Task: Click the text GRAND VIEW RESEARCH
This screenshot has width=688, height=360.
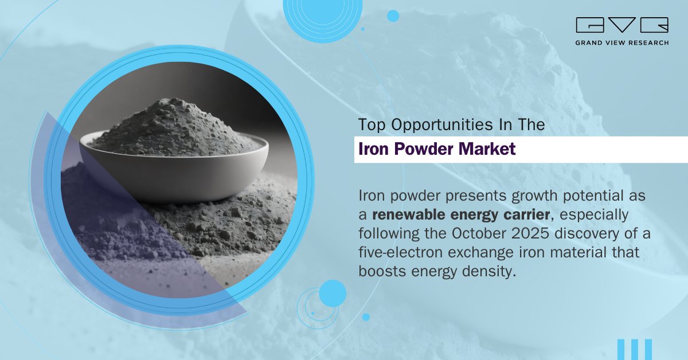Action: [x=622, y=42]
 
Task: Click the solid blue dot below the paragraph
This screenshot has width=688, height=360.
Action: [x=333, y=294]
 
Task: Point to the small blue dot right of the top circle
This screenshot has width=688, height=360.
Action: [x=393, y=16]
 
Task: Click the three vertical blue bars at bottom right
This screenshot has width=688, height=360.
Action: [x=635, y=349]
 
